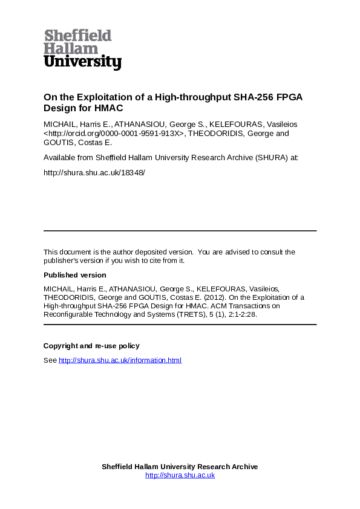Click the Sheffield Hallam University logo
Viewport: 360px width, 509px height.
point(82,49)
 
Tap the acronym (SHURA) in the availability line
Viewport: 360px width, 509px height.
point(266,157)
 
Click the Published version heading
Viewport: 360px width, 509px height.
point(75,275)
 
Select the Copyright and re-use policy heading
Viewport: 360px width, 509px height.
point(91,346)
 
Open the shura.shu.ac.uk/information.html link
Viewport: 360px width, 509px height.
point(120,360)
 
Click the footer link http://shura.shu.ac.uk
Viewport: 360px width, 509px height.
point(180,475)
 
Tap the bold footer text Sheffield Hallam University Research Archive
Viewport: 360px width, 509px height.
point(180,467)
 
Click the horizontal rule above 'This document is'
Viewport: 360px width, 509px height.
point(180,230)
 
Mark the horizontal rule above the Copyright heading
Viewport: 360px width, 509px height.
point(180,325)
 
